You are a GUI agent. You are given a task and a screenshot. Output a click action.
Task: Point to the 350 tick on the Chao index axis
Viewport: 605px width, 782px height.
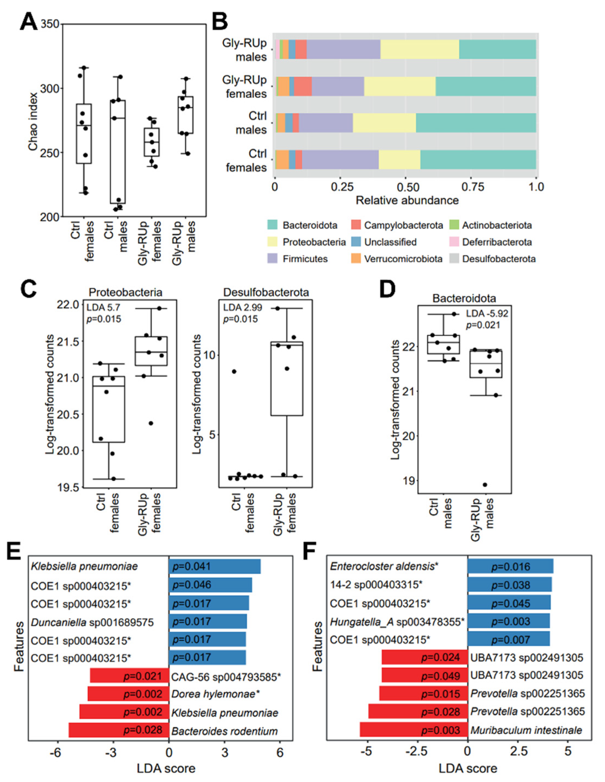[50, 24]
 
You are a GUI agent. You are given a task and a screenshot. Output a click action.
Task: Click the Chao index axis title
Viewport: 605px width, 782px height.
[33, 122]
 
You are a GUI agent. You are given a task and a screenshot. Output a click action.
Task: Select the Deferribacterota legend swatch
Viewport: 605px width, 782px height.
[452, 242]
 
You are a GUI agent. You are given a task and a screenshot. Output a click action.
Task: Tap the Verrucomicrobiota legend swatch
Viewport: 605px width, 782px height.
[356, 259]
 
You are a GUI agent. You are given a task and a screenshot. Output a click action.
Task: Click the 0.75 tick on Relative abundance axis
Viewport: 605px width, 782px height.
[470, 187]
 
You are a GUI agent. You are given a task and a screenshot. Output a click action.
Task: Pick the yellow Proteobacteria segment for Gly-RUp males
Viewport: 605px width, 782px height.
[419, 49]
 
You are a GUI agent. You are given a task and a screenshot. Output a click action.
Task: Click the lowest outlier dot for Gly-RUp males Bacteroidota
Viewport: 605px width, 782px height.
[485, 485]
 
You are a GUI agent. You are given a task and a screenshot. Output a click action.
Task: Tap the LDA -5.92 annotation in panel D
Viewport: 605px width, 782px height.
[487, 314]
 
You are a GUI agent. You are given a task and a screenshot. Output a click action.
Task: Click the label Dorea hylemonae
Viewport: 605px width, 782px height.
[213, 694]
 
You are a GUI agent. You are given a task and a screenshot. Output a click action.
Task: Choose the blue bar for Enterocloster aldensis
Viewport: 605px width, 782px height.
[510, 566]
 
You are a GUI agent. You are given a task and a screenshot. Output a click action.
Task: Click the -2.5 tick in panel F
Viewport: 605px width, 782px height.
[418, 751]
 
